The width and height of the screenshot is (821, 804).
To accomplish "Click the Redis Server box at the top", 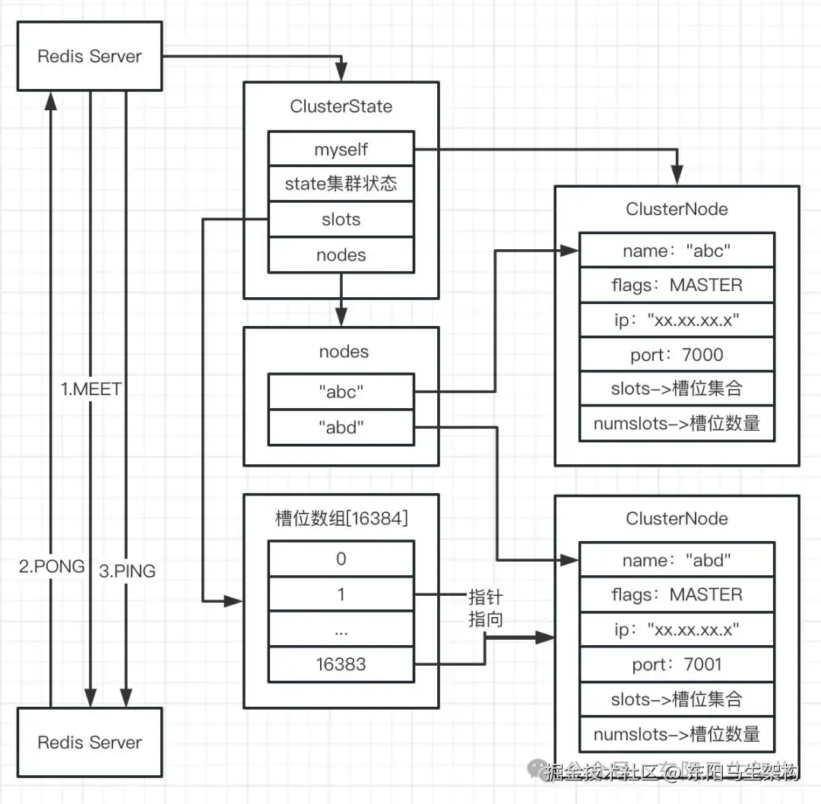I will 90,56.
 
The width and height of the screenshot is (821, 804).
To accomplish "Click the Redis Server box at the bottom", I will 90,742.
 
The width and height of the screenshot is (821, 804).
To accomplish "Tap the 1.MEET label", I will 91,389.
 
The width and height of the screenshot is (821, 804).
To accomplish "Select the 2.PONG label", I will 52,566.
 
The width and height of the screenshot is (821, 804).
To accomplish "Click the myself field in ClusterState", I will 341,150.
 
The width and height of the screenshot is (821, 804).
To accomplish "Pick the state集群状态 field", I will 341,184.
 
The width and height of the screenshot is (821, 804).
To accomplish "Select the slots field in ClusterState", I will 341,220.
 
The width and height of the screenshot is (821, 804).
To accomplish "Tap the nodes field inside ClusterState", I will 341,255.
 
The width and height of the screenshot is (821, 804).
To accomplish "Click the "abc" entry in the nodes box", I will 341,392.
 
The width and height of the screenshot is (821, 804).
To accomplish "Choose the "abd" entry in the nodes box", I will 341,428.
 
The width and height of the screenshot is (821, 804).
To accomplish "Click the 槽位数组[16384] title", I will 341,518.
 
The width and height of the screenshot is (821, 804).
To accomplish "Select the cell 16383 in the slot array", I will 341,664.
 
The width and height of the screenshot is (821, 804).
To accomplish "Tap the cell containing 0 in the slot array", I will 341,559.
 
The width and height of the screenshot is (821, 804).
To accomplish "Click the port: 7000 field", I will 677,355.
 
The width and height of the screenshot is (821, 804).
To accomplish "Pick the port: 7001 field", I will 677,664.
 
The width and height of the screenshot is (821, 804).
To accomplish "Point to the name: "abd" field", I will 677,560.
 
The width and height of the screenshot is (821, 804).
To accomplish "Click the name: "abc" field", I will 677,251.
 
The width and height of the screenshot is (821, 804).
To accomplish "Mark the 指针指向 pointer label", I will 486,608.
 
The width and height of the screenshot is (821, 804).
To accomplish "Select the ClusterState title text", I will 341,106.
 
